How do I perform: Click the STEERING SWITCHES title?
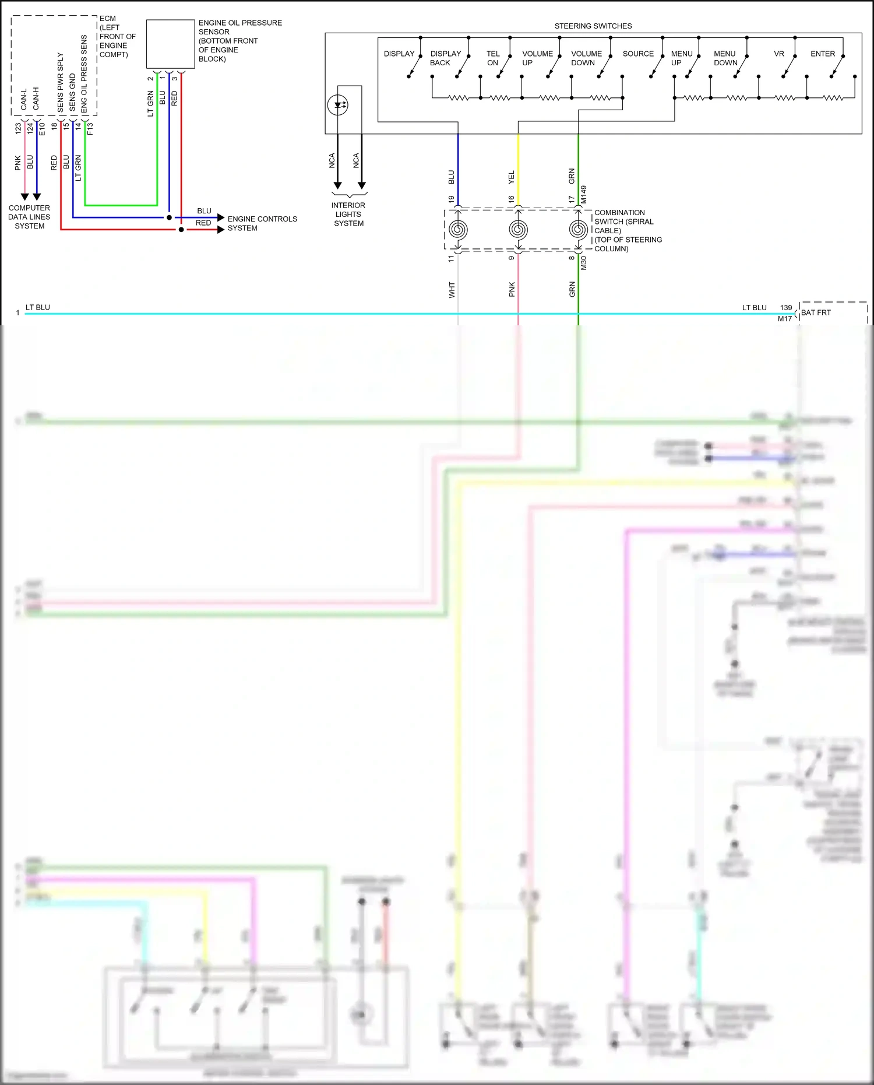point(593,26)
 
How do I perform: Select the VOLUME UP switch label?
point(537,58)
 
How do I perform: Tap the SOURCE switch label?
point(638,54)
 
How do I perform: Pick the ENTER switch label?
point(822,54)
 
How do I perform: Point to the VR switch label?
point(778,54)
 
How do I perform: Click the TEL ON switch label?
point(493,58)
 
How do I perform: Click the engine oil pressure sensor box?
point(170,44)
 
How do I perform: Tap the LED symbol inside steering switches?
point(338,106)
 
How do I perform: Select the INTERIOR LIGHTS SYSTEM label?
point(348,214)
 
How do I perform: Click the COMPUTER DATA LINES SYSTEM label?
point(29,217)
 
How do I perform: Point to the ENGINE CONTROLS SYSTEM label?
point(262,223)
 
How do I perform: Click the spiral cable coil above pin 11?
point(458,230)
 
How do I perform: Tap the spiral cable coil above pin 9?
point(518,230)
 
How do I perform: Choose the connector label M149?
point(584,194)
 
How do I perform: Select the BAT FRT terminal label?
point(816,312)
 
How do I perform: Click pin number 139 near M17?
point(786,307)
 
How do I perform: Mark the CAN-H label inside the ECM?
point(36,98)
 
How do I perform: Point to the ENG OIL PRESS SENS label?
point(84,73)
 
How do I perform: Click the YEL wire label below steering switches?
point(511,177)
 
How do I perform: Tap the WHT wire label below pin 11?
point(452,290)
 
